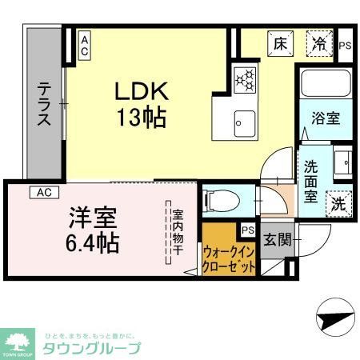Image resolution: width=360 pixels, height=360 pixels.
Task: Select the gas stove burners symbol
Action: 244,78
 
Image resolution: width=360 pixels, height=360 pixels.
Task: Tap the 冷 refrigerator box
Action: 318,44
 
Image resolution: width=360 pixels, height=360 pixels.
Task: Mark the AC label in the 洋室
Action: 45,192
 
